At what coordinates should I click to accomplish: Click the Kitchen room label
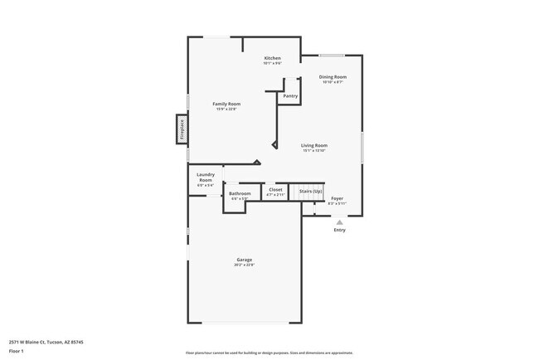click(x=272, y=58)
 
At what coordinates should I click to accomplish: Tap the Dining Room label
click(x=333, y=76)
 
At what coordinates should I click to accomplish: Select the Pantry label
click(x=290, y=96)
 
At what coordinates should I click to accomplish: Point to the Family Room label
click(x=226, y=104)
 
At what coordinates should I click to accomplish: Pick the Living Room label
click(x=314, y=145)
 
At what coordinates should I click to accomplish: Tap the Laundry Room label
click(x=206, y=177)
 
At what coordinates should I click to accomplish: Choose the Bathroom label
click(x=240, y=193)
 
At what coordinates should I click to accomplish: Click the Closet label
click(x=275, y=190)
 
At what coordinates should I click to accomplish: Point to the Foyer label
click(x=337, y=198)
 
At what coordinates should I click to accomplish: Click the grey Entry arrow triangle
click(x=339, y=222)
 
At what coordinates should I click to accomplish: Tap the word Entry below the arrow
click(x=339, y=230)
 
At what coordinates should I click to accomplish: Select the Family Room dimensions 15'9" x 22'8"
click(x=226, y=109)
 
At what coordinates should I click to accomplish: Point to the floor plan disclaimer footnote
click(x=269, y=353)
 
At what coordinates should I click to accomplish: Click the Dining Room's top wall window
click(x=332, y=56)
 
